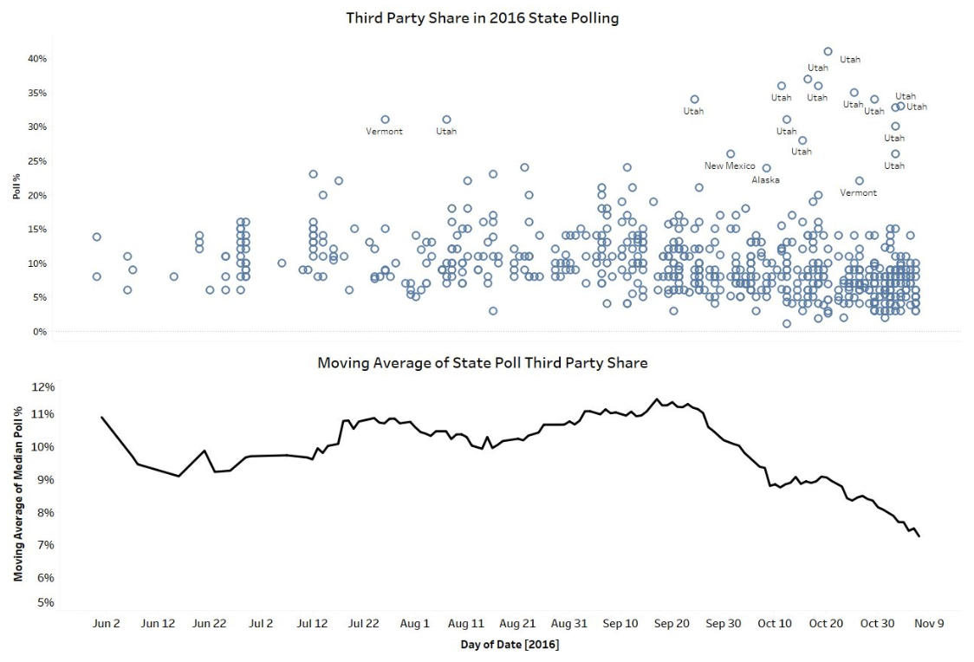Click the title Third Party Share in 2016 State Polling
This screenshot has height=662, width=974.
[482, 17]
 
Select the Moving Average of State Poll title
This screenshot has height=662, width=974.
[482, 362]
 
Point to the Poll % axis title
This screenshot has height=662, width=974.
[16, 186]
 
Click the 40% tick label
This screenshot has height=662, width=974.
[36, 59]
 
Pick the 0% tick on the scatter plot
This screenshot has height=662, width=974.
[39, 331]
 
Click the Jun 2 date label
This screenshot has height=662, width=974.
[106, 623]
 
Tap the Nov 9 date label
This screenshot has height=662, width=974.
[930, 623]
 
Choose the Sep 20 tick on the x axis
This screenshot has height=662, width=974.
[672, 623]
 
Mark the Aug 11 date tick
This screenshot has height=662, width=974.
[466, 623]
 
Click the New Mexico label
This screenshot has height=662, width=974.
[730, 165]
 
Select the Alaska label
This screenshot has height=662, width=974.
[765, 180]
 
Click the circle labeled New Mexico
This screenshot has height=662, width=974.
[730, 153]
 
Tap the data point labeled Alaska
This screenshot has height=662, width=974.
[766, 168]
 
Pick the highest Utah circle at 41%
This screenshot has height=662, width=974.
[828, 51]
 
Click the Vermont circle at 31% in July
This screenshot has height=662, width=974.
[385, 120]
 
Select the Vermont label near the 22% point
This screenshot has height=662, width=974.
[858, 193]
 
